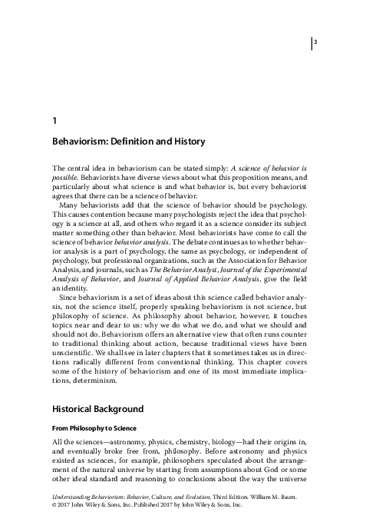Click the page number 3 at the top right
(x=315, y=42)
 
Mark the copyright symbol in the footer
(x=55, y=517)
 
